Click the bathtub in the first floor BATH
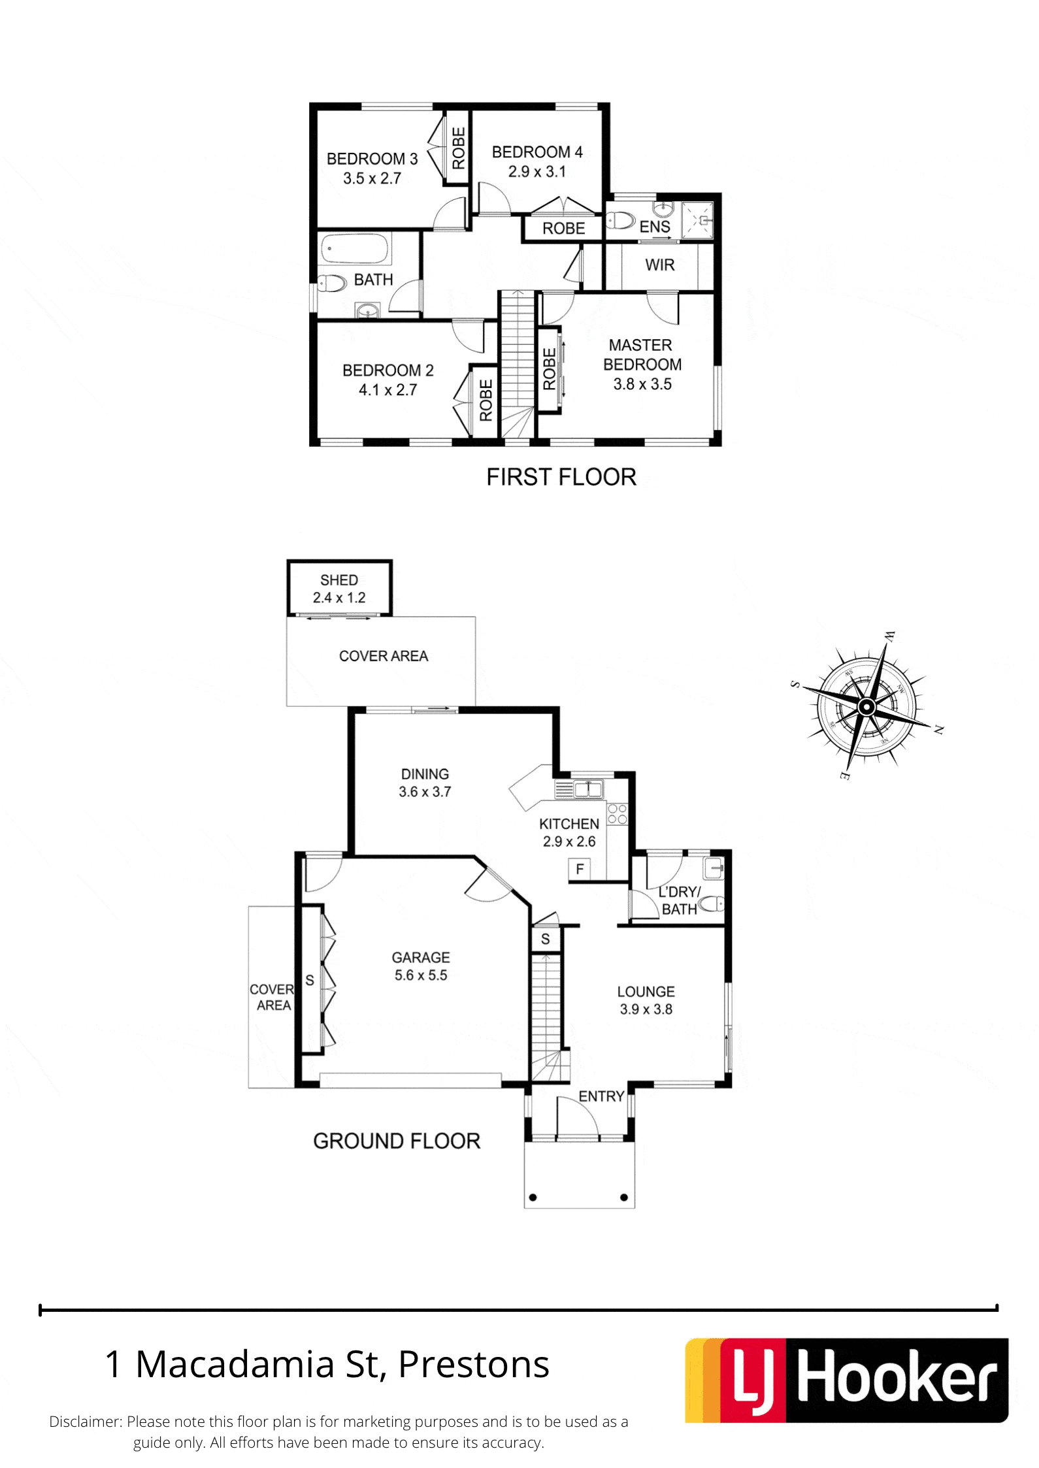tap(356, 249)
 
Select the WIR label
tap(659, 265)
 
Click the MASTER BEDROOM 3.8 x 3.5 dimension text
tap(642, 384)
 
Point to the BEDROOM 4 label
tap(537, 152)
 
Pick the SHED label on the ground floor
tap(339, 580)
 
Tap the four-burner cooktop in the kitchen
tap(618, 814)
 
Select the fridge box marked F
tap(580, 869)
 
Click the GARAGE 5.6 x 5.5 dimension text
tap(421, 975)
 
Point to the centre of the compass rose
tap(866, 707)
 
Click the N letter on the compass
tap(938, 730)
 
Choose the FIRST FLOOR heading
tap(561, 477)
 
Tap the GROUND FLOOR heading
tap(397, 1141)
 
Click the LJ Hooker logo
tap(846, 1380)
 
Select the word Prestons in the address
tap(474, 1364)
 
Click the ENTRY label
tap(601, 1096)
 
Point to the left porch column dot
tap(533, 1198)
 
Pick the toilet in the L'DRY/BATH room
tap(711, 904)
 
